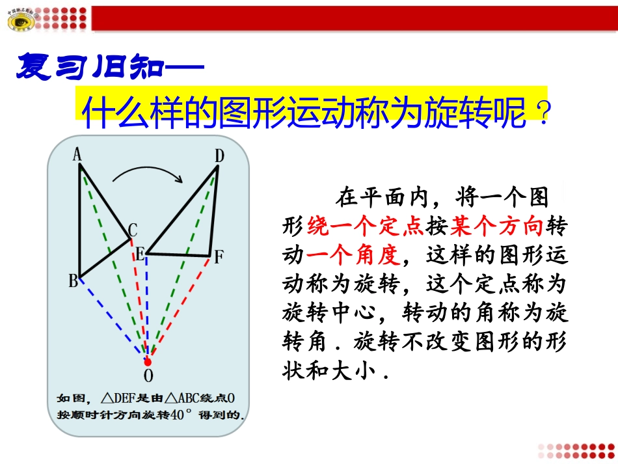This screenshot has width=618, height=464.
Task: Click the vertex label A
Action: (x=77, y=155)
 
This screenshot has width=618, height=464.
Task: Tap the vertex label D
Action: (x=219, y=155)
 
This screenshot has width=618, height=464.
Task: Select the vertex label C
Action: (x=133, y=229)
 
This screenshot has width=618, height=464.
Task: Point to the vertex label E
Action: (x=139, y=254)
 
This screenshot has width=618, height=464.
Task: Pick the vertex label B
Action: (x=73, y=281)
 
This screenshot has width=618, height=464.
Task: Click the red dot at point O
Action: (x=148, y=361)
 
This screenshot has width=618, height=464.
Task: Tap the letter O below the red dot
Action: (x=148, y=375)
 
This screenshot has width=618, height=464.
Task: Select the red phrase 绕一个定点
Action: (x=366, y=226)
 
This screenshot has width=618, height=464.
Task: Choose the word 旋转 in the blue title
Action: (x=455, y=113)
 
